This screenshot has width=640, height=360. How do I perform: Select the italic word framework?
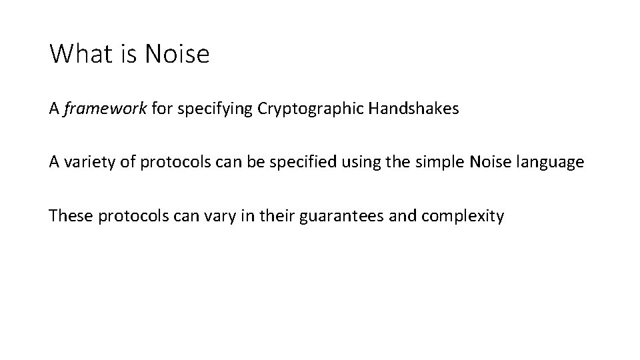click(x=105, y=109)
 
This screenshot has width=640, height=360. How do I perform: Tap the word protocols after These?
click(x=129, y=216)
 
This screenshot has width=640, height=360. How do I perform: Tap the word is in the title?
click(x=126, y=54)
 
